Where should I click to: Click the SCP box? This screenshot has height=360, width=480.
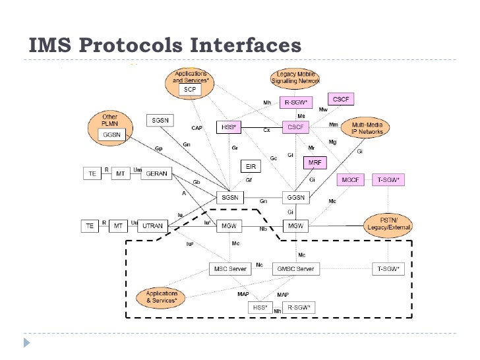point(190,89)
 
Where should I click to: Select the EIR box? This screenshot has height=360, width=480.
point(251,167)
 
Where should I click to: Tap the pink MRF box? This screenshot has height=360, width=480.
point(314,162)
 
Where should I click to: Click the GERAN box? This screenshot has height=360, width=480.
point(156,173)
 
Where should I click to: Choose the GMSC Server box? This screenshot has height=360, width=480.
point(295,269)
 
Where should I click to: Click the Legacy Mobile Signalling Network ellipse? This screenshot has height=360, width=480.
point(295,78)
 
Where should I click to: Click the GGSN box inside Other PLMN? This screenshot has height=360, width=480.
point(109,135)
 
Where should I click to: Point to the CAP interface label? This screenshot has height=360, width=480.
point(196,128)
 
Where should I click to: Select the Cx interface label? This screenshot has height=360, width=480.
point(267,131)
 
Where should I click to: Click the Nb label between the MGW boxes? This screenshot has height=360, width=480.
point(264,229)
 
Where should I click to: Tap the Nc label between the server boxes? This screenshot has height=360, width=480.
point(259,264)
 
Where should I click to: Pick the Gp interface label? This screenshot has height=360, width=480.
point(158,149)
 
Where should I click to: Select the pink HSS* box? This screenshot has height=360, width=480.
point(229,126)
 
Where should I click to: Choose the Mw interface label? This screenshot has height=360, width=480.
point(323,109)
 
